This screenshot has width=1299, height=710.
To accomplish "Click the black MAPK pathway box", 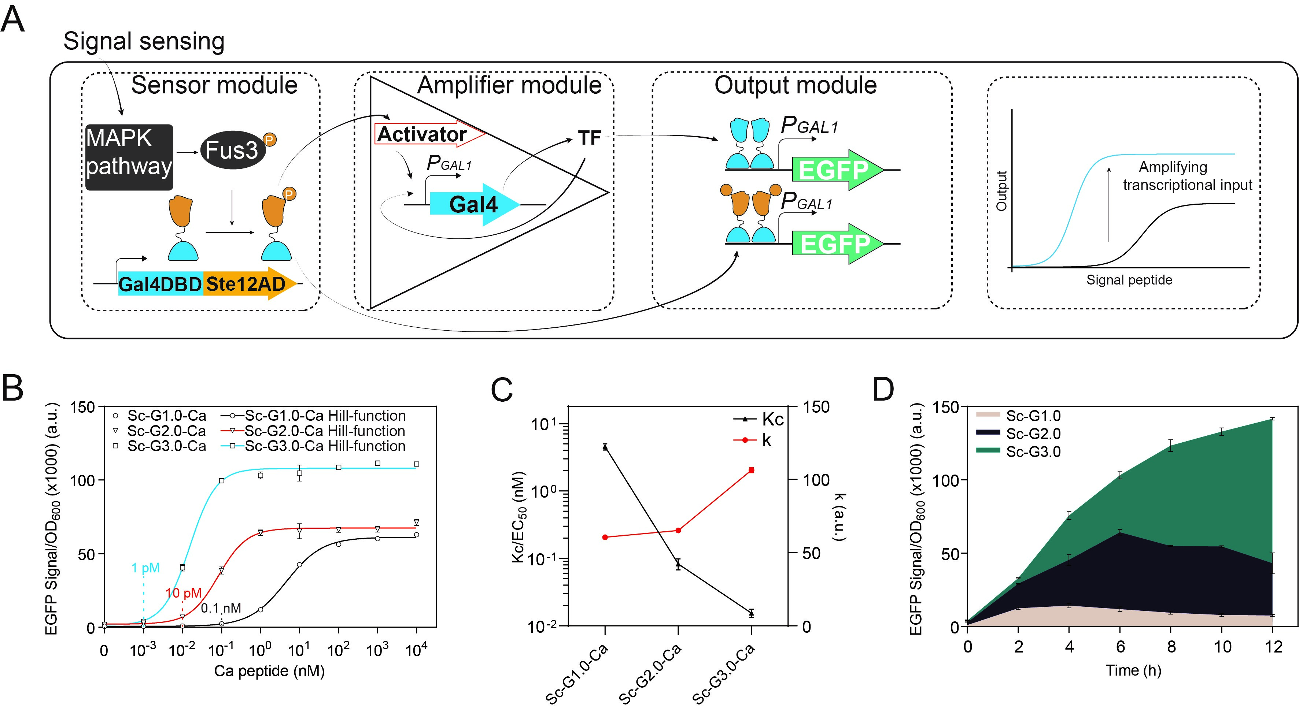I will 129,157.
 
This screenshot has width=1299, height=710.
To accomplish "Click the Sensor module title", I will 214,85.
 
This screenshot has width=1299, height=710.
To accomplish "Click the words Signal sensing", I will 144,41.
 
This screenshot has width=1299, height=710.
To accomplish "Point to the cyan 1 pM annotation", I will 145,568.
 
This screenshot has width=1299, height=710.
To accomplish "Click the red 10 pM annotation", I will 183,593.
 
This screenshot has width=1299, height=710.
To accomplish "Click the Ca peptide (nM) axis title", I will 269,671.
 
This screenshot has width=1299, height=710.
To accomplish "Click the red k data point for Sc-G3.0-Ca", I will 751,470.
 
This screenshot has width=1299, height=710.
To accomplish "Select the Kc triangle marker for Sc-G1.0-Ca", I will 605,447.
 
